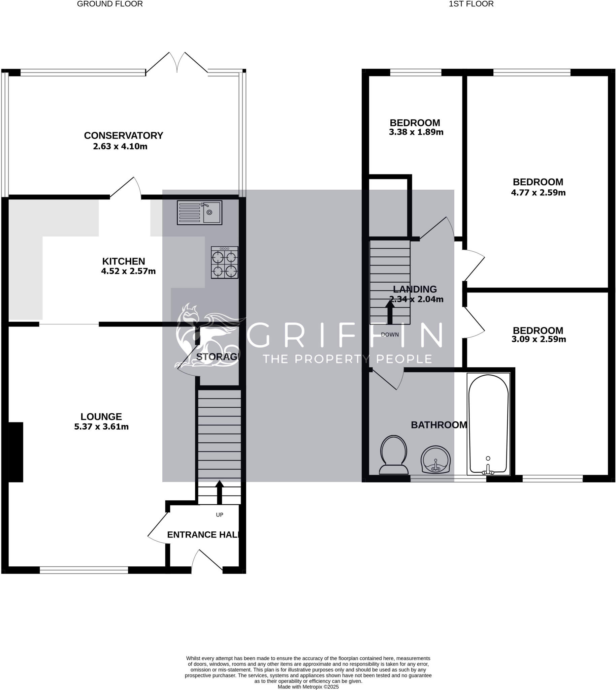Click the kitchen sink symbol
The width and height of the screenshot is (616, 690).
199,213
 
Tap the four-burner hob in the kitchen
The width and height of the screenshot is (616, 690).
224,262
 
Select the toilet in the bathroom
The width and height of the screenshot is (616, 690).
394,455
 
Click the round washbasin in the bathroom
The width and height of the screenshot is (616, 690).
435,460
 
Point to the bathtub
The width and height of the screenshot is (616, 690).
488,424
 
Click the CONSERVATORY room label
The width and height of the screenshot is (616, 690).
124,135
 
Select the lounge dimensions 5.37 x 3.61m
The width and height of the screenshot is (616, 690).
101,427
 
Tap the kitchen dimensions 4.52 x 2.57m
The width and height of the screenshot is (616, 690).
128,271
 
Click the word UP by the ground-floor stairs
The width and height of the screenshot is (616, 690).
220,515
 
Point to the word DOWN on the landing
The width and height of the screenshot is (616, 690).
390,335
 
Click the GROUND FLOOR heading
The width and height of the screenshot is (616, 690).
110,4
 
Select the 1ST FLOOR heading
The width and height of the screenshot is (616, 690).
471,4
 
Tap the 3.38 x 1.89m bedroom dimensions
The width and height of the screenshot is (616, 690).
416,132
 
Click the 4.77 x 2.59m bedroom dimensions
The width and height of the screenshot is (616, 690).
538,193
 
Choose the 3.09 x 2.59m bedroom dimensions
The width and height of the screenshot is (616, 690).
539,339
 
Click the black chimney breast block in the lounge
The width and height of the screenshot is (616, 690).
15,452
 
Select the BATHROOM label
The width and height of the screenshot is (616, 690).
439,425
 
